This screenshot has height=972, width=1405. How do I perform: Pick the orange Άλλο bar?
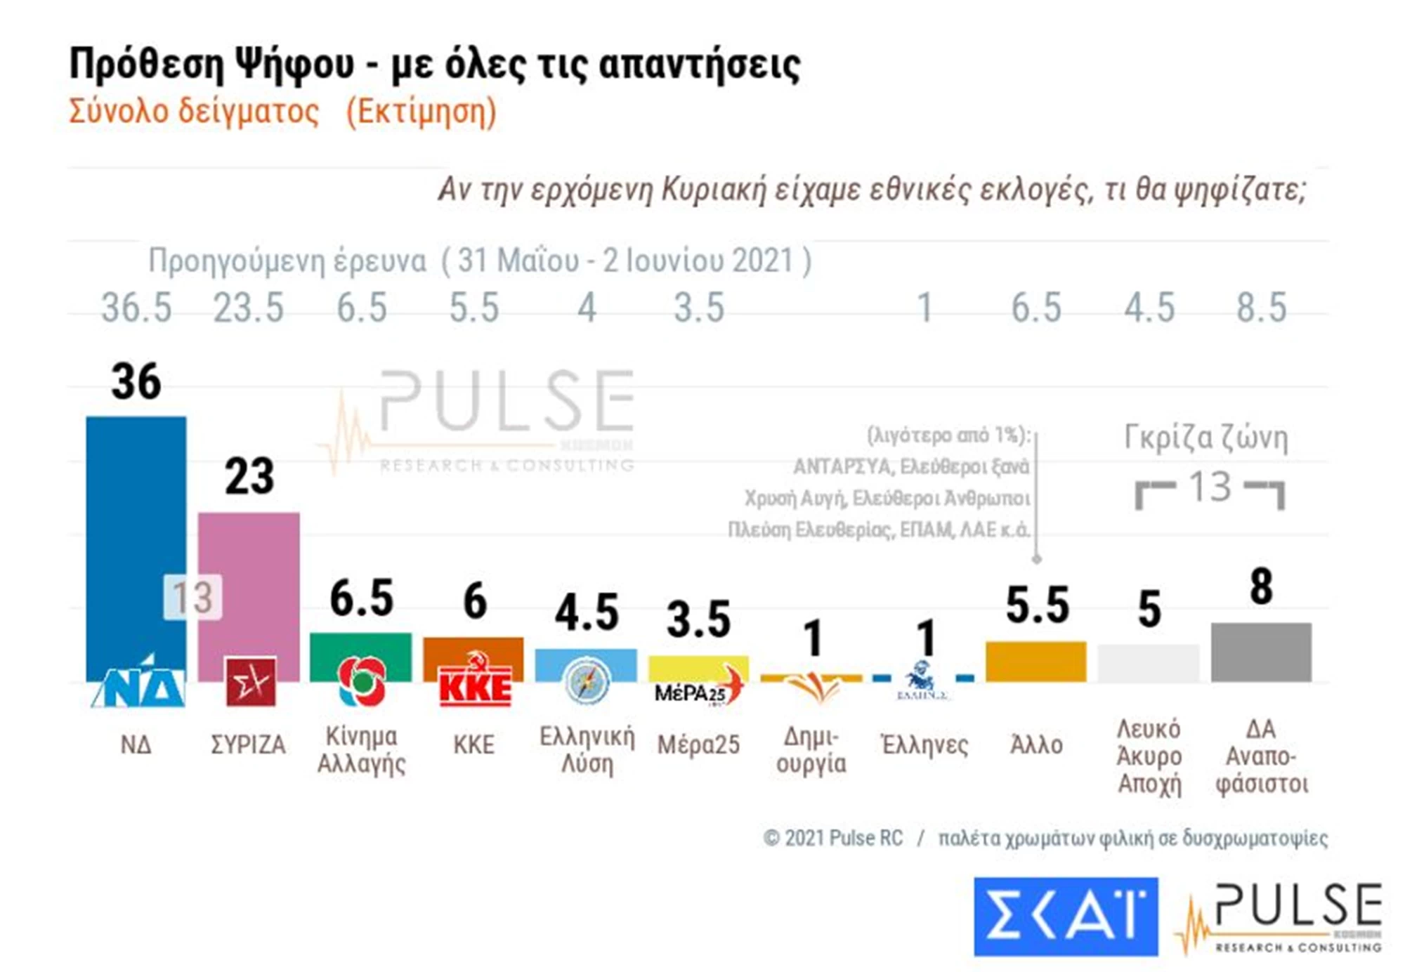[x=1035, y=661]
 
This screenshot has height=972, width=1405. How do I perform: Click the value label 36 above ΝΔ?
[x=136, y=383]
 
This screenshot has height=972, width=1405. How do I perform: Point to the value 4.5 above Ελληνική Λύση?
[x=587, y=612]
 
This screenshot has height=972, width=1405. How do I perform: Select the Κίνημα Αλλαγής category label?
[x=361, y=749]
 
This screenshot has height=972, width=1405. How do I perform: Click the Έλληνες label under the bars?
[x=924, y=744]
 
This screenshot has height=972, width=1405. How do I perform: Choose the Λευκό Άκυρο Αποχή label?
[x=1149, y=756]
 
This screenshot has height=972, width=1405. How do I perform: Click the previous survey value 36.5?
[x=136, y=308]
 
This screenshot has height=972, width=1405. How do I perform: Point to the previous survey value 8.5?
[x=1262, y=308]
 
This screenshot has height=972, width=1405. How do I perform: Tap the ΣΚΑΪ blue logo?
[x=1065, y=916]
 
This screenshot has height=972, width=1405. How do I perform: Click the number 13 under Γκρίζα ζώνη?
[x=1210, y=487]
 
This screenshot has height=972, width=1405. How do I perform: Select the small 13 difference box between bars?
[x=192, y=598]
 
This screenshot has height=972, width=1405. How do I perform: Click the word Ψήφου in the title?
[x=294, y=65]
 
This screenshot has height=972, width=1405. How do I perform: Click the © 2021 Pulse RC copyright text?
[x=833, y=838]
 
